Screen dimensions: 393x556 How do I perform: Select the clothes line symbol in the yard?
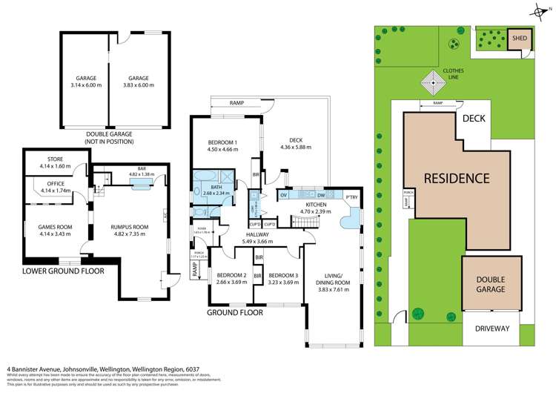click(x=432, y=79)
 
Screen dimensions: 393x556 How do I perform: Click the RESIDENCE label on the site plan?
click(x=457, y=178)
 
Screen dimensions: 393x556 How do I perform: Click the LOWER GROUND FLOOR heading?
click(x=63, y=271)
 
